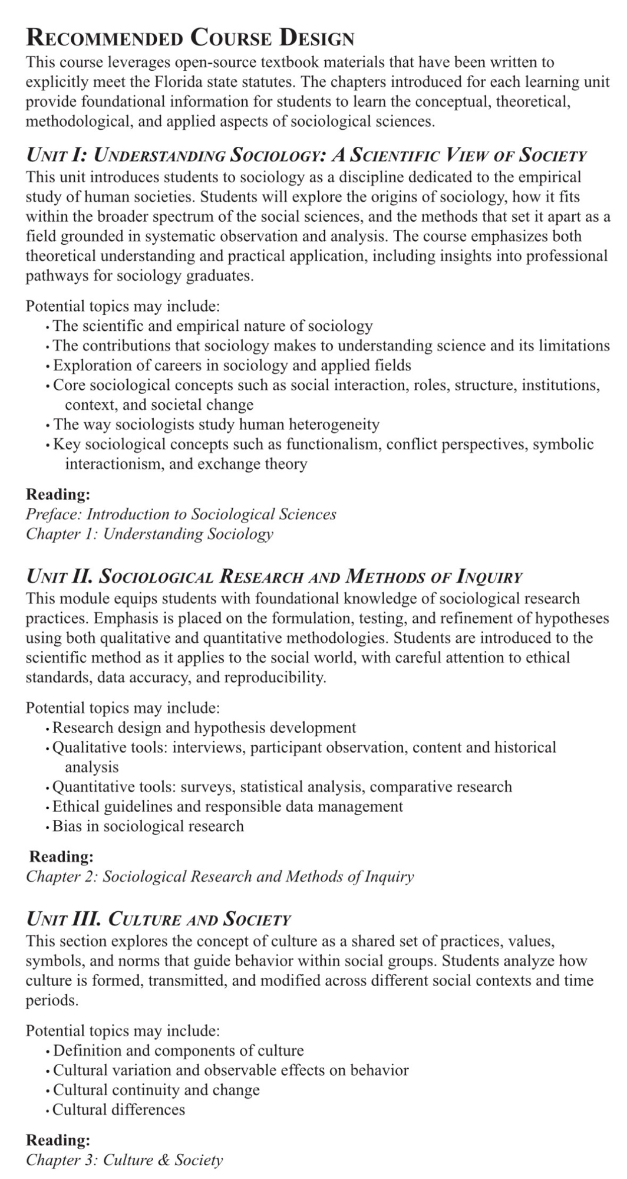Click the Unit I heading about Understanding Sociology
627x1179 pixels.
[x=306, y=155]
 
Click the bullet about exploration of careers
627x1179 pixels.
[x=232, y=365]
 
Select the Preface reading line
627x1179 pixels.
[x=181, y=514]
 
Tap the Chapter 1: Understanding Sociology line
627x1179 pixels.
[x=149, y=534]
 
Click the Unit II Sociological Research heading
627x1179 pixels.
[x=274, y=576]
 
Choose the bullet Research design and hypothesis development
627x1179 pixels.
[x=204, y=728]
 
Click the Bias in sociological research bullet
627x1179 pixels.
[x=148, y=826]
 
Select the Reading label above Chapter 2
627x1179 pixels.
[x=61, y=856]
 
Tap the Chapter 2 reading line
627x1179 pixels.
[x=220, y=876]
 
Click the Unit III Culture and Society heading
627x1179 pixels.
[x=159, y=919]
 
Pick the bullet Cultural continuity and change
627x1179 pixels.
[x=156, y=1090]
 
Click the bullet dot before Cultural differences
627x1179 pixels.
[x=47, y=1111]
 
